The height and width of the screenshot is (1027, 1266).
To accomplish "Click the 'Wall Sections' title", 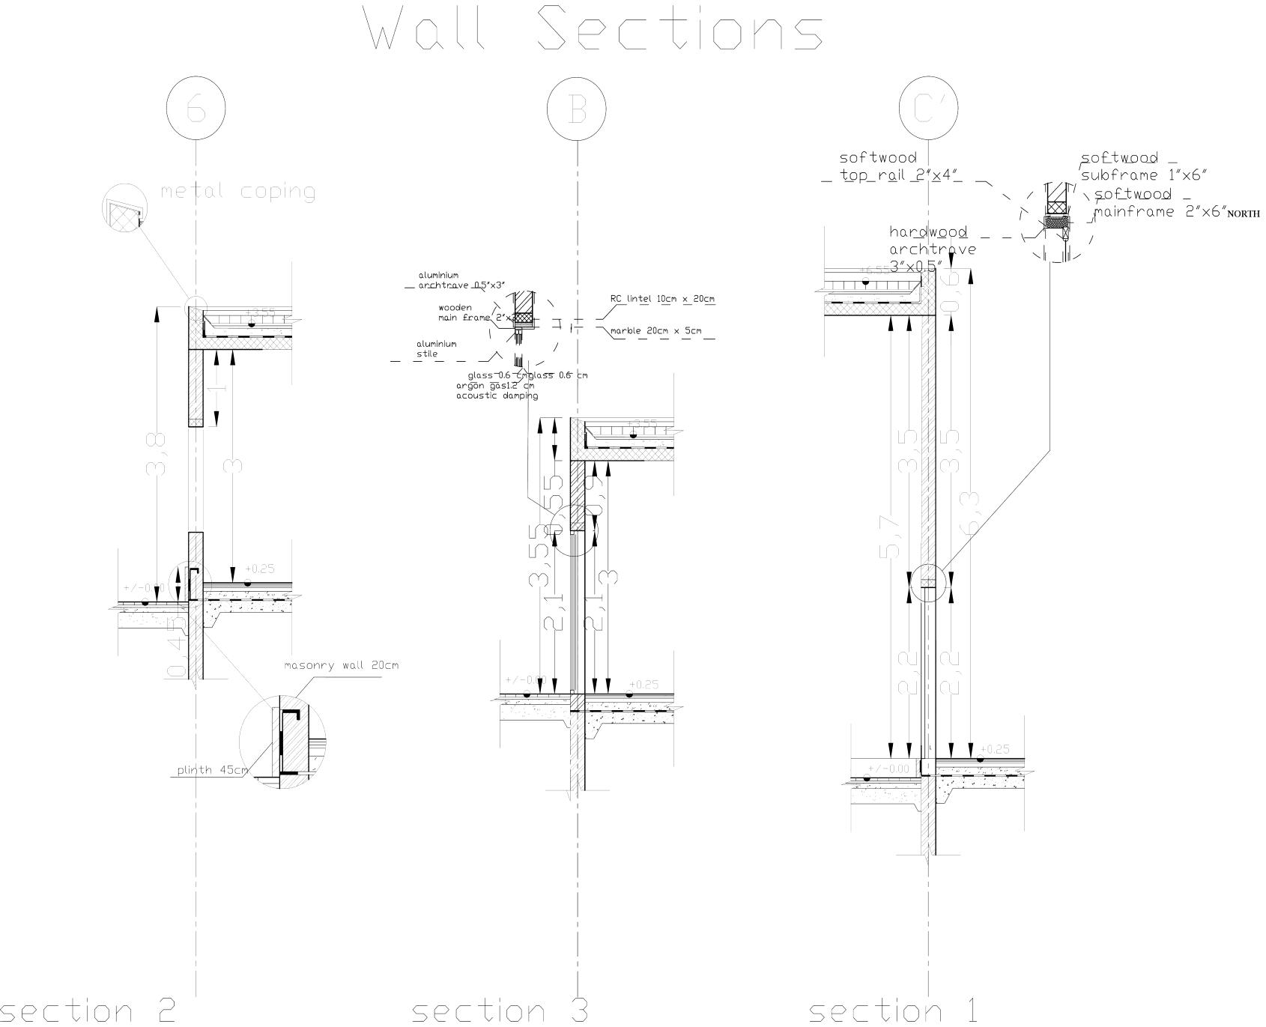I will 596,28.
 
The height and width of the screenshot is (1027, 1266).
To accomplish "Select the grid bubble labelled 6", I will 196,109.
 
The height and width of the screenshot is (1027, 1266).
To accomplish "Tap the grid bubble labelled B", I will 577,109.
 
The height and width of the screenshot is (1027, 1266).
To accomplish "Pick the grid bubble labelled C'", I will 929,109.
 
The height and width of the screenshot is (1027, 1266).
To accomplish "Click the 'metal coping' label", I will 237,192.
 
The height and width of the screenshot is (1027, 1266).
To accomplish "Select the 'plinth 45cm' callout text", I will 212,770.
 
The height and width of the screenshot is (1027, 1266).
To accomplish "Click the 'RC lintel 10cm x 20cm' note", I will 662,299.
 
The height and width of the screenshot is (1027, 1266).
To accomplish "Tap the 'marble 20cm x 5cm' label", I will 656,330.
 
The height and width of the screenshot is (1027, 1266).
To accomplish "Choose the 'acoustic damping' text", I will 497,396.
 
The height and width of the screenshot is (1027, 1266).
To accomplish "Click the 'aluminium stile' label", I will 436,349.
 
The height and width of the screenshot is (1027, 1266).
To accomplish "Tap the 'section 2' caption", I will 88,1011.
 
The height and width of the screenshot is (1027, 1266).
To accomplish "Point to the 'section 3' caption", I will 500,1011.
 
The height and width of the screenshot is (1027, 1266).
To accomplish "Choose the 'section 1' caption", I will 893,1011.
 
